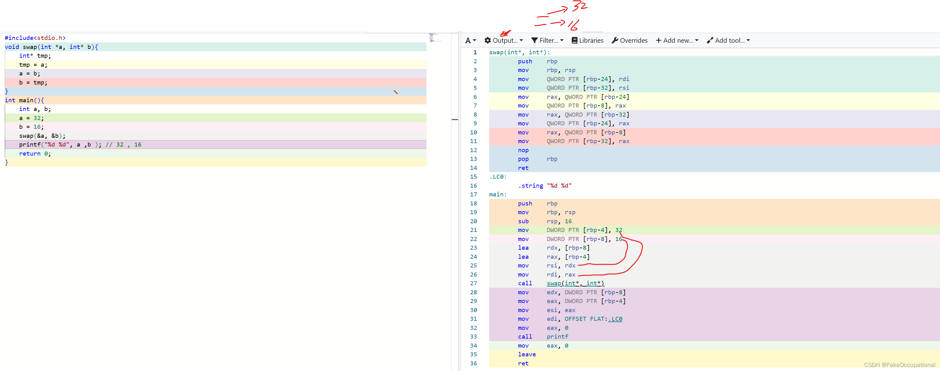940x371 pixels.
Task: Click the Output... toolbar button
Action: click(x=504, y=41)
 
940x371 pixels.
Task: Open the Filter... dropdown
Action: click(x=547, y=41)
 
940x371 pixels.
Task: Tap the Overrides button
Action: click(x=630, y=41)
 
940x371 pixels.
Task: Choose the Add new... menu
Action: click(x=677, y=41)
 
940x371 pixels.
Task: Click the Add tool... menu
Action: click(x=728, y=41)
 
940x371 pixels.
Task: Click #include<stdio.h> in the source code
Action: click(x=35, y=38)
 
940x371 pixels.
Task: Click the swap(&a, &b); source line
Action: click(x=42, y=136)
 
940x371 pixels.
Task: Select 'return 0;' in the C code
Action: click(x=35, y=154)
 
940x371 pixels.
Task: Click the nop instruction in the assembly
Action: click(x=523, y=150)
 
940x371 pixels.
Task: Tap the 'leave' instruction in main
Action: click(x=527, y=354)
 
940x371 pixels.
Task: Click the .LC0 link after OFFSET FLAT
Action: click(x=615, y=319)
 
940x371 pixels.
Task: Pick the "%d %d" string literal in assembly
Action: click(x=559, y=186)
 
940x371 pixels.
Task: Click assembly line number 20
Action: click(x=473, y=221)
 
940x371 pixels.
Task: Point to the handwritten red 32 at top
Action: click(x=580, y=6)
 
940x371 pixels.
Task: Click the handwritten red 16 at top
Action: click(x=573, y=25)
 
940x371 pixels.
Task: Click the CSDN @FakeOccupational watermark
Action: click(x=899, y=365)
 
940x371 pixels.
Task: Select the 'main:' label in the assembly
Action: click(x=498, y=195)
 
